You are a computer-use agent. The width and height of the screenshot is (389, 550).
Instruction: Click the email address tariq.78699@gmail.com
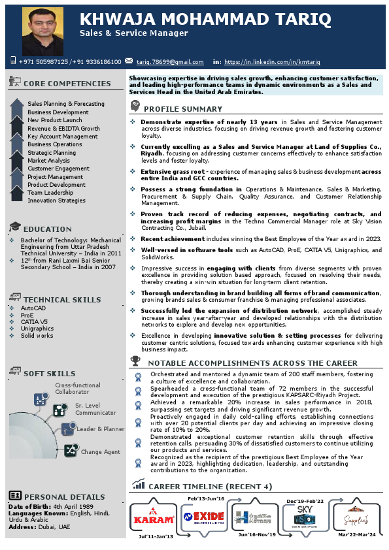coord(170,62)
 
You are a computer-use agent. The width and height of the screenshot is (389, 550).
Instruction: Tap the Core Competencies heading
coord(67,84)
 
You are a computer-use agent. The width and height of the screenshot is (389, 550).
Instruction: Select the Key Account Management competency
coord(63,137)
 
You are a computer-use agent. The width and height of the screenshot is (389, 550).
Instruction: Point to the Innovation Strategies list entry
coord(56,201)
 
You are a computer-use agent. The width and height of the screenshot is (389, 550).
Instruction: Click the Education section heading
coord(47,229)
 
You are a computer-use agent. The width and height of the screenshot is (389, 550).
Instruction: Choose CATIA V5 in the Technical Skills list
coord(34,321)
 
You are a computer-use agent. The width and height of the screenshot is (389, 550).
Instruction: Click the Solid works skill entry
coord(37,335)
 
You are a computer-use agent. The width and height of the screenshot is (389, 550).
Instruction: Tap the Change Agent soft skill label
coord(101,451)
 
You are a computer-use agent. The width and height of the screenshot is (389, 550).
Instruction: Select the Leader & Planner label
coord(101,429)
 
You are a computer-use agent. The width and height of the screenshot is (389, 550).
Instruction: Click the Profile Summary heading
coord(183,109)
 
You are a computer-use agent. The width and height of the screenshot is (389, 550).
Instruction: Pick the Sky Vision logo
coord(305,516)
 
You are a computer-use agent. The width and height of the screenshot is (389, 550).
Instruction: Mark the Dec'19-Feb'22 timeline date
coord(305,501)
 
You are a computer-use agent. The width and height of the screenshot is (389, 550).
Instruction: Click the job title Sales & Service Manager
coord(134,33)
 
